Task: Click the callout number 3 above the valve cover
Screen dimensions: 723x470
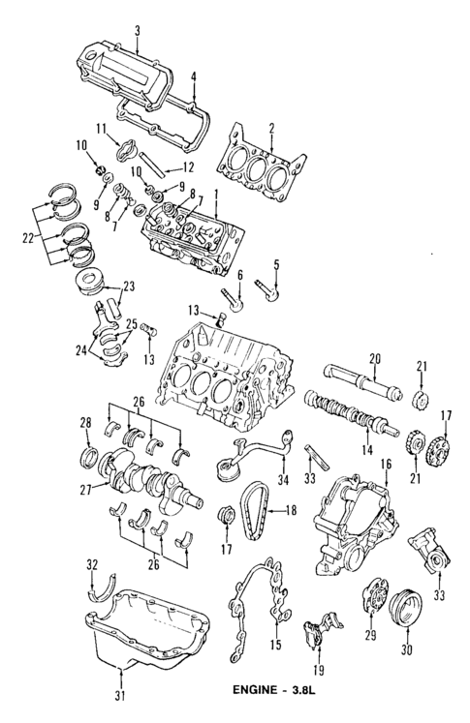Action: pos(138,30)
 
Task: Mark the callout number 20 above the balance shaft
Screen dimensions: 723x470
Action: pos(375,356)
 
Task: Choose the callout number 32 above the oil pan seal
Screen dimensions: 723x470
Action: pos(92,563)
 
